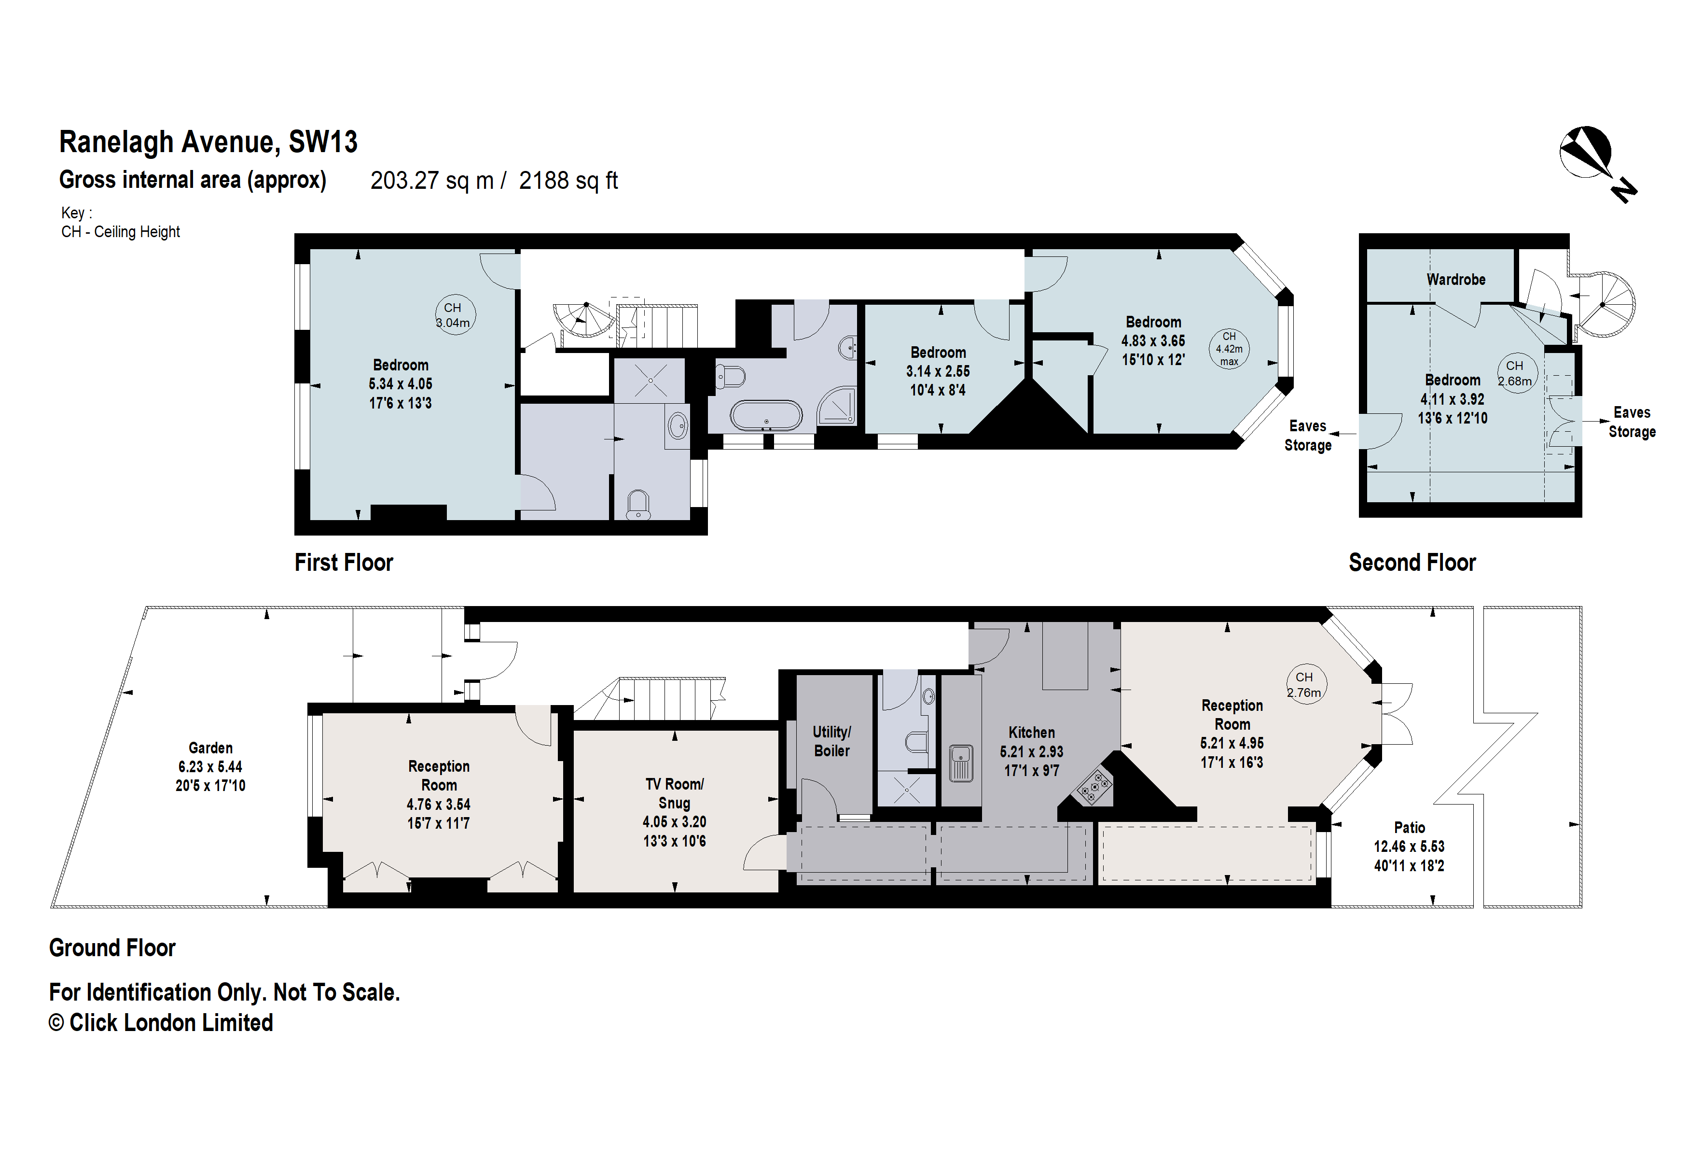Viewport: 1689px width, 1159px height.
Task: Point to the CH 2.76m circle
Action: point(1305,684)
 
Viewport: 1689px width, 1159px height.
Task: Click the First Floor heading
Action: point(343,563)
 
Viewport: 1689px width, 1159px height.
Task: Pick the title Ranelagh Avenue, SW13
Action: point(208,142)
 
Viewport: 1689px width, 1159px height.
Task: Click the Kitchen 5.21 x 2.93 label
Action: point(1031,751)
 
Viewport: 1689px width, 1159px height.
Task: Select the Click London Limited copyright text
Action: point(161,1022)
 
